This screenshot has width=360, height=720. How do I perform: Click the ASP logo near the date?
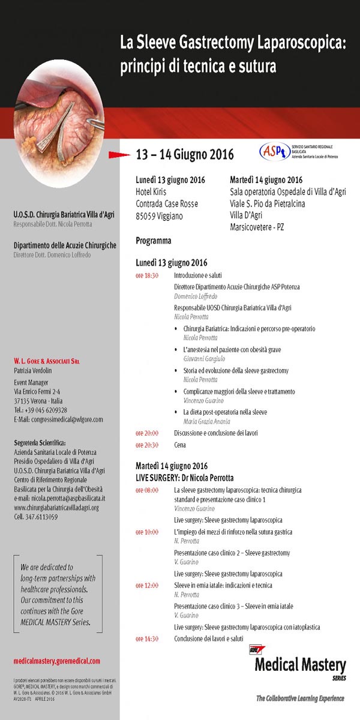click(274, 152)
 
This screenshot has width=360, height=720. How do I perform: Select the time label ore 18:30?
click(146, 275)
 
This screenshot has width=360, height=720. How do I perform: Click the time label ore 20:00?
click(146, 433)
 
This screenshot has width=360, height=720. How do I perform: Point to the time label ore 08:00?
click(146, 490)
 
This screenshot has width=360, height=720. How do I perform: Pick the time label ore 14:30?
click(146, 638)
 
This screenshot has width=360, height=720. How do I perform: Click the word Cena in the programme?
click(180, 445)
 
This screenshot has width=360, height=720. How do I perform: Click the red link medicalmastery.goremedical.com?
click(56, 661)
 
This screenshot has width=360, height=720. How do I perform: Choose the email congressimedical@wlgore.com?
click(58, 419)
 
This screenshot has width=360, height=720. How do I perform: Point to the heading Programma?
click(154, 241)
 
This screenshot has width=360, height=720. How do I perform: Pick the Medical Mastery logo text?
click(300, 665)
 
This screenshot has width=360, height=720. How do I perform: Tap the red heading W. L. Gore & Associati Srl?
click(46, 361)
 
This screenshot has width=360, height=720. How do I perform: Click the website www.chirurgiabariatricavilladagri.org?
click(56, 508)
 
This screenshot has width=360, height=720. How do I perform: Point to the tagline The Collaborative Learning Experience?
click(300, 698)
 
